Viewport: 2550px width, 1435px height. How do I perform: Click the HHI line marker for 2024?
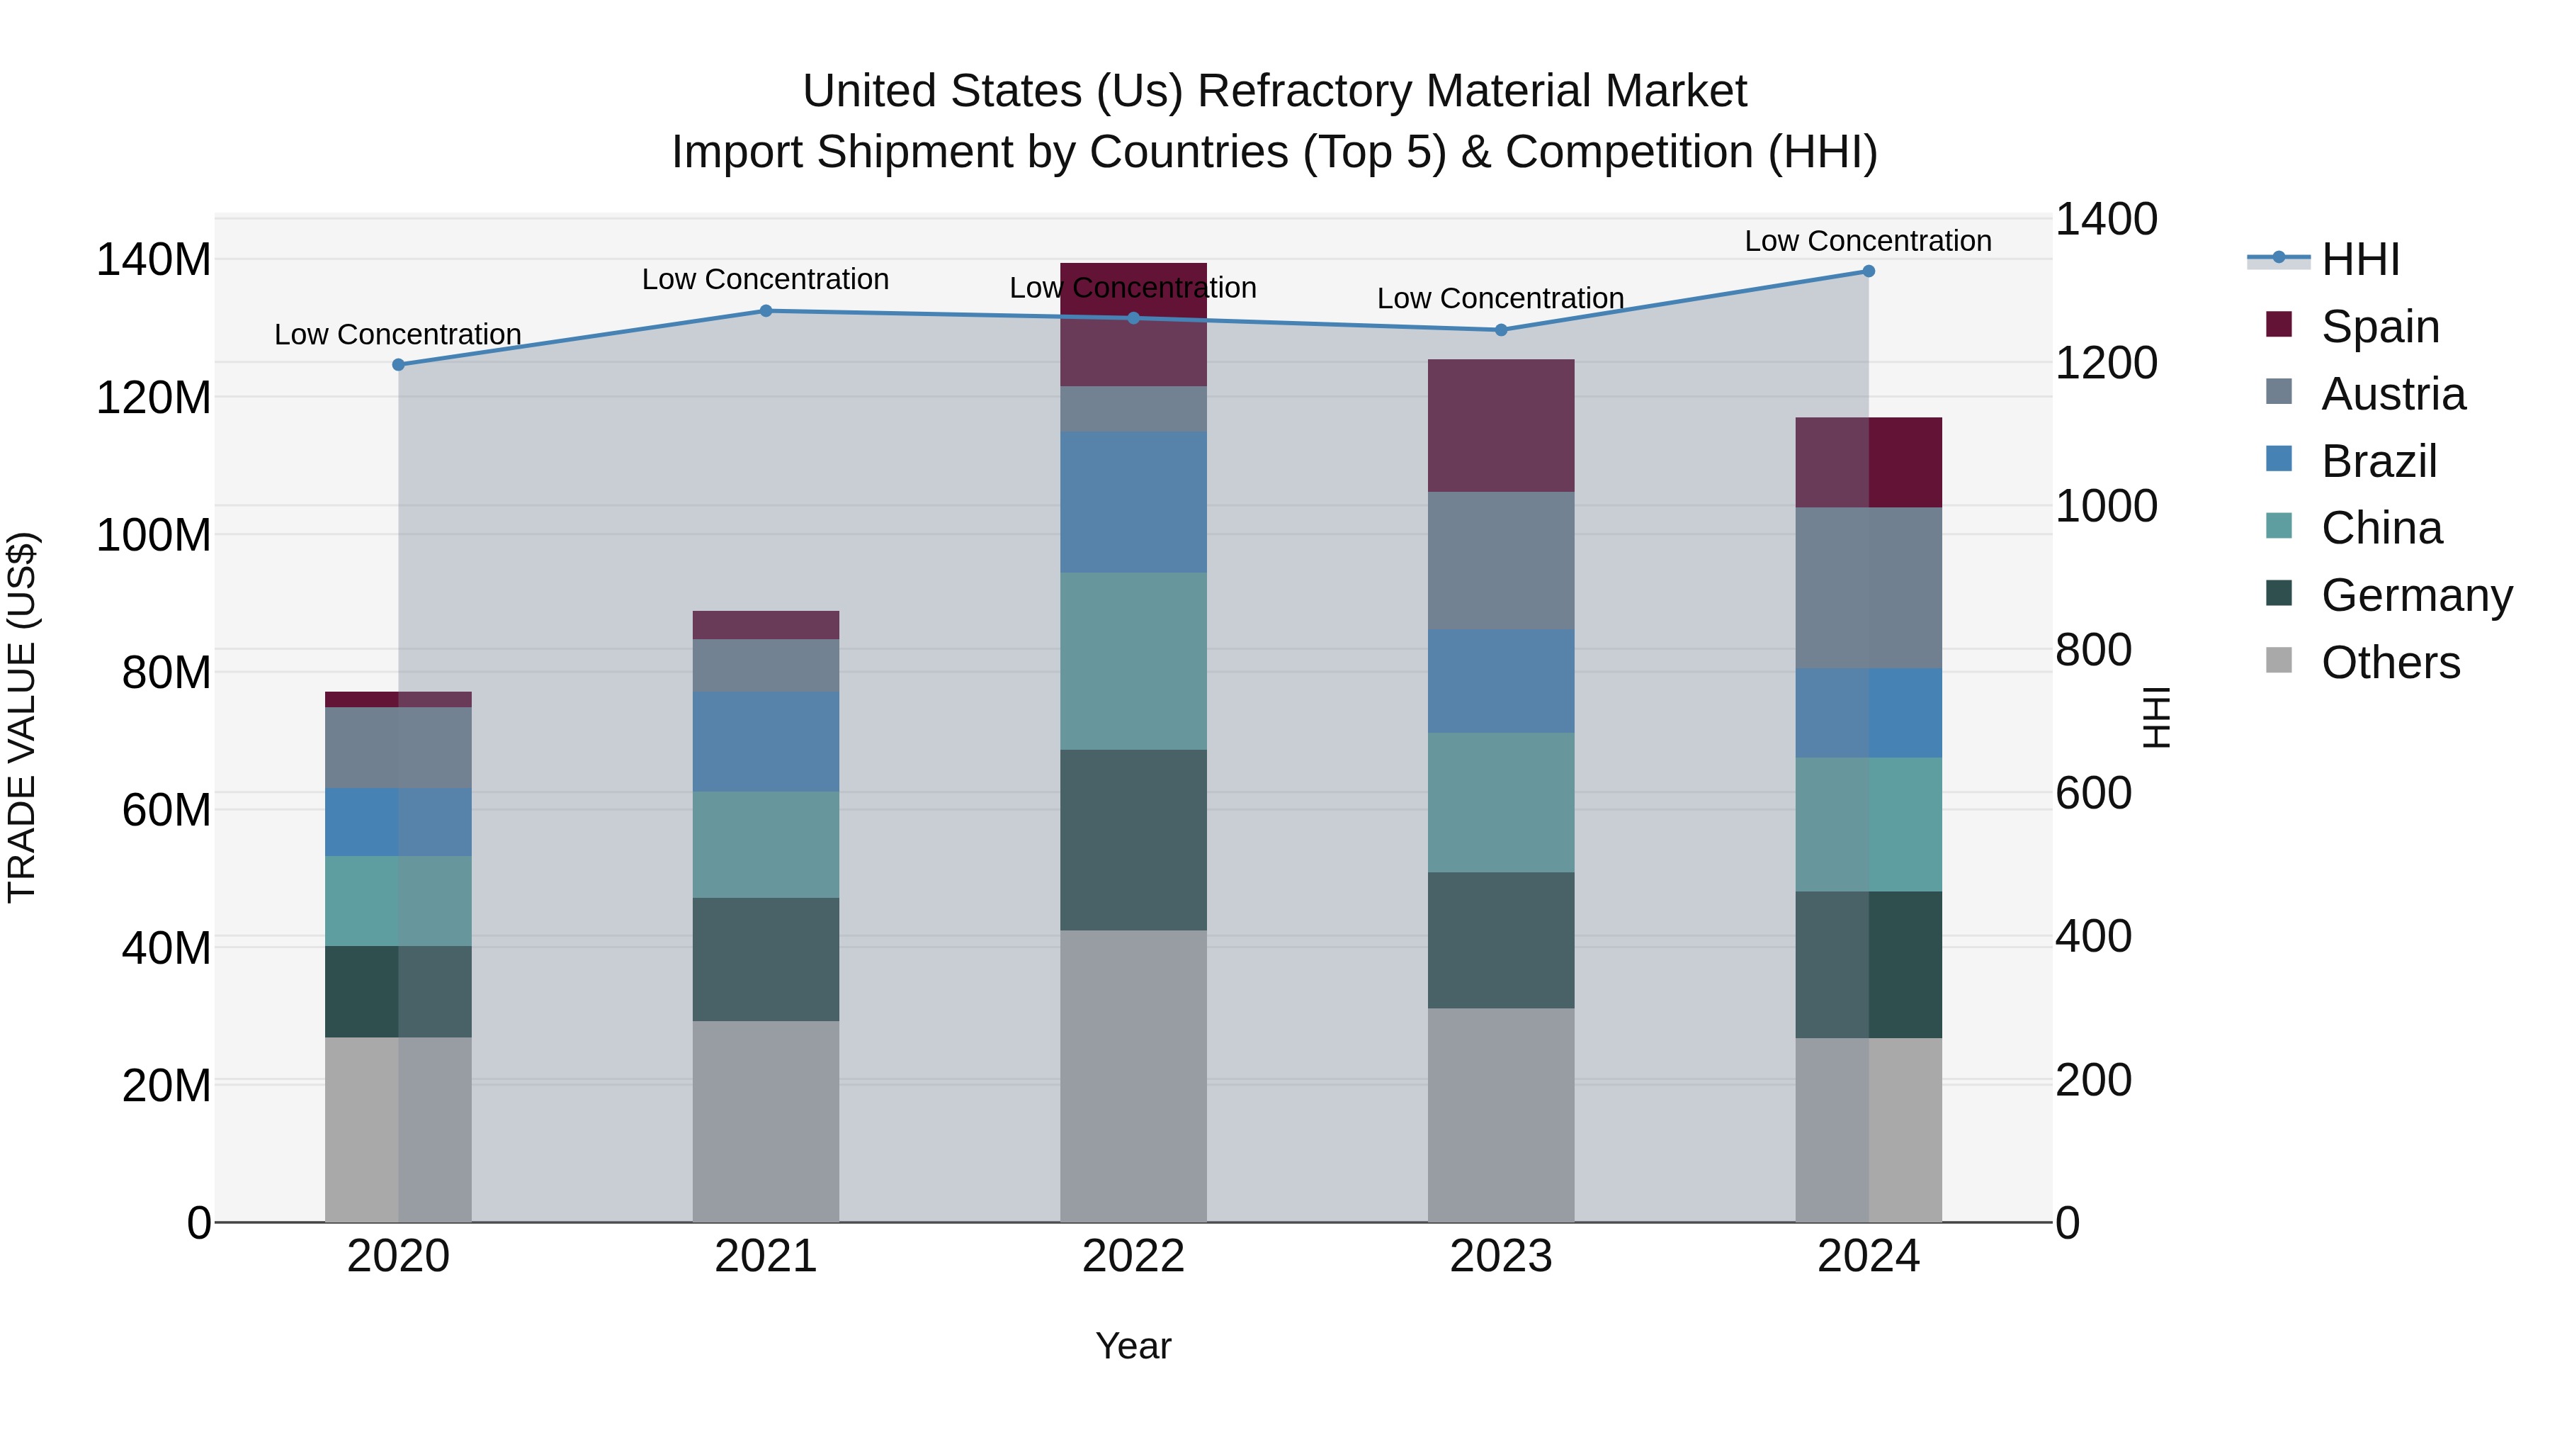pos(1868,271)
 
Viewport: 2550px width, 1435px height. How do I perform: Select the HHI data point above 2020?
pos(398,364)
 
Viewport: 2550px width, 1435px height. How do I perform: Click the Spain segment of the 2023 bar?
pos(1501,426)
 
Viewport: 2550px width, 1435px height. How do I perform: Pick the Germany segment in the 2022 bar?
pos(1133,840)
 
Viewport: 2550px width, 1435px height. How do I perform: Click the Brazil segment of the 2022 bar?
pos(1133,502)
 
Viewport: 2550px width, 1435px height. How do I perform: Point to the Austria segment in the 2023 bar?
pos(1501,561)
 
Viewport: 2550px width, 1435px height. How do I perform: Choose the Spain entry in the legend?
pos(2380,327)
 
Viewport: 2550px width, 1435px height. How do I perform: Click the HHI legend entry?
pos(2360,259)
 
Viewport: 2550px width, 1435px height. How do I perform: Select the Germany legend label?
pos(2416,595)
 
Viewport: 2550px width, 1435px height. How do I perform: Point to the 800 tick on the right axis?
pos(2092,651)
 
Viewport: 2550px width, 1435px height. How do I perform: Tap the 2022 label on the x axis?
pos(1133,1256)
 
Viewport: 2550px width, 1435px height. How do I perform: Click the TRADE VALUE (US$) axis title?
pos(22,717)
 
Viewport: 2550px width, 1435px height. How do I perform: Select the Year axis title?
pos(1133,1346)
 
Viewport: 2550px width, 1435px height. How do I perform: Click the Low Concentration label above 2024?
pos(1867,241)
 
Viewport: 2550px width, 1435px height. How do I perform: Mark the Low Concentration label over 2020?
pos(398,334)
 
